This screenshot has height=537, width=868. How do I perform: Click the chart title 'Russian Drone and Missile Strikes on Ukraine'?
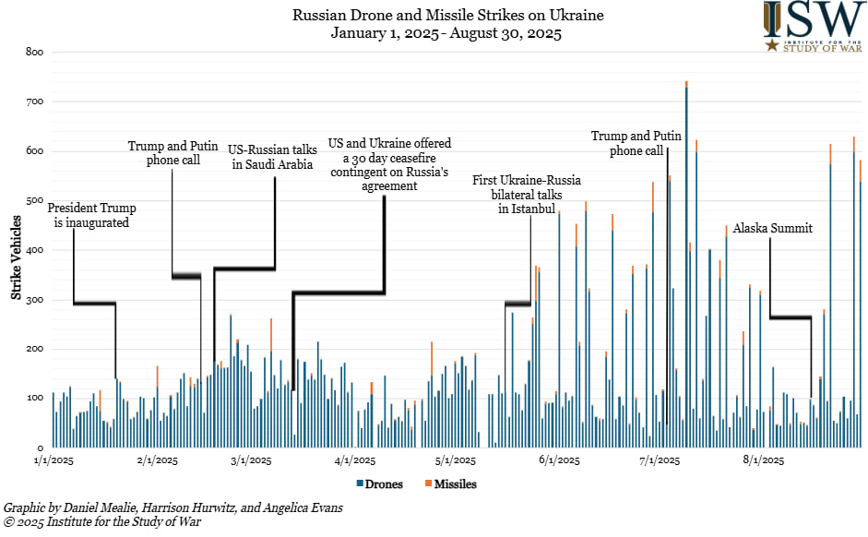(x=447, y=16)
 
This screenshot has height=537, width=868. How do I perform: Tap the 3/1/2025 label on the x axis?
(x=251, y=460)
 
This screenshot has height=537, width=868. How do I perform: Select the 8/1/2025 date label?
(x=763, y=460)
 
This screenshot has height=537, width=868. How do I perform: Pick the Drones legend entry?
(x=378, y=483)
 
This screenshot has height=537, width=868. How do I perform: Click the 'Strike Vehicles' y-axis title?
(x=17, y=250)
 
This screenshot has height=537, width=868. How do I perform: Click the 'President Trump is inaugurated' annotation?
(x=88, y=214)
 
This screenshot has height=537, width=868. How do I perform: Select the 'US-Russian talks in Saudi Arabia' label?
(x=272, y=157)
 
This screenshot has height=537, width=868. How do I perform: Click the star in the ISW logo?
(x=771, y=43)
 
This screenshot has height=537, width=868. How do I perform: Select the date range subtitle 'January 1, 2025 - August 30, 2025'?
(x=447, y=33)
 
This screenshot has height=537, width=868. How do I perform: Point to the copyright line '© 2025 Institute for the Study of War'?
(x=102, y=522)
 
